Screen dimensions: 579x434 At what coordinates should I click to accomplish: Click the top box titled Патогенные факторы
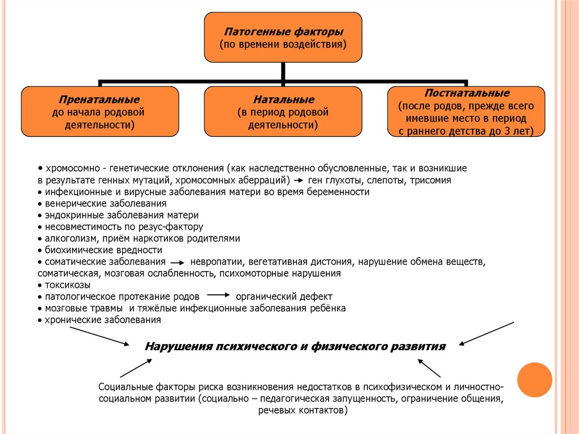(x=283, y=37)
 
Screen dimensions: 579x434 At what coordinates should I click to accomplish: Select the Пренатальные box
(x=100, y=111)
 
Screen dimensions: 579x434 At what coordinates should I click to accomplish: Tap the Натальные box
(x=283, y=111)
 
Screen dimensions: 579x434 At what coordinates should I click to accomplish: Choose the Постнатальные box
(x=466, y=111)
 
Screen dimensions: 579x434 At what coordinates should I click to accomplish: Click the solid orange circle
(x=534, y=380)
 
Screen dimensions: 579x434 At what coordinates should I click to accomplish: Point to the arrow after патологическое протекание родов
(x=218, y=295)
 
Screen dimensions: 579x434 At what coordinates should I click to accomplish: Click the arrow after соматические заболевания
(x=177, y=263)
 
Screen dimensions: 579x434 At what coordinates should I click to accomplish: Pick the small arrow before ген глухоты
(x=299, y=181)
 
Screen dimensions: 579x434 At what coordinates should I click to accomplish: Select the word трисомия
(x=430, y=181)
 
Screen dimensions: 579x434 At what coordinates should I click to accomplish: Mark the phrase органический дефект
(x=284, y=297)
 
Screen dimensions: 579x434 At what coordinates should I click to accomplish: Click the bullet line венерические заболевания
(x=102, y=204)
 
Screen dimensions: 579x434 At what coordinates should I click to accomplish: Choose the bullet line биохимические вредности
(x=100, y=250)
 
